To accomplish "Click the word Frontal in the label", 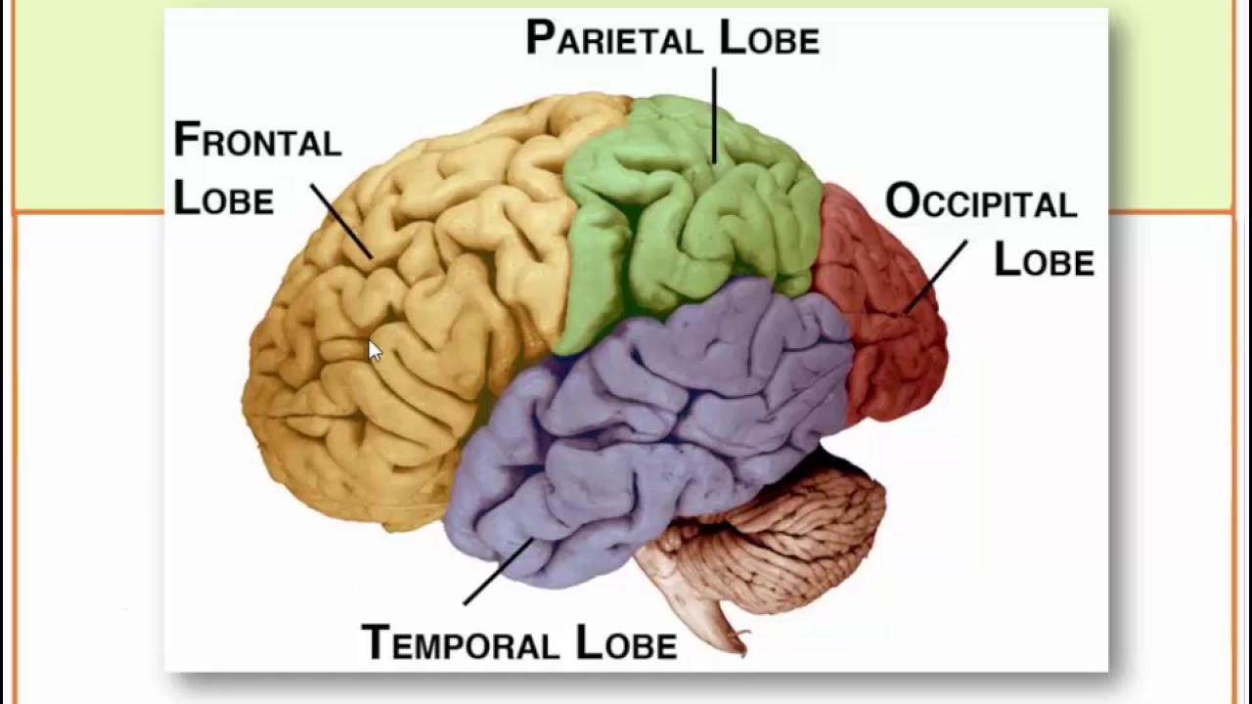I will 257,141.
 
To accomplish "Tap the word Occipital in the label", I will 980,202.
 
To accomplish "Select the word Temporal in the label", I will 460,642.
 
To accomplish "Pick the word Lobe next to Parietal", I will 769,38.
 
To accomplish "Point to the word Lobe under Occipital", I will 1043,260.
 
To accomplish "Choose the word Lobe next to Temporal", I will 626,642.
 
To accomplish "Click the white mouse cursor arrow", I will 375,351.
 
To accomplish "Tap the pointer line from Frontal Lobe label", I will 341,221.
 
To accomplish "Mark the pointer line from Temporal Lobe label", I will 498,571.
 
